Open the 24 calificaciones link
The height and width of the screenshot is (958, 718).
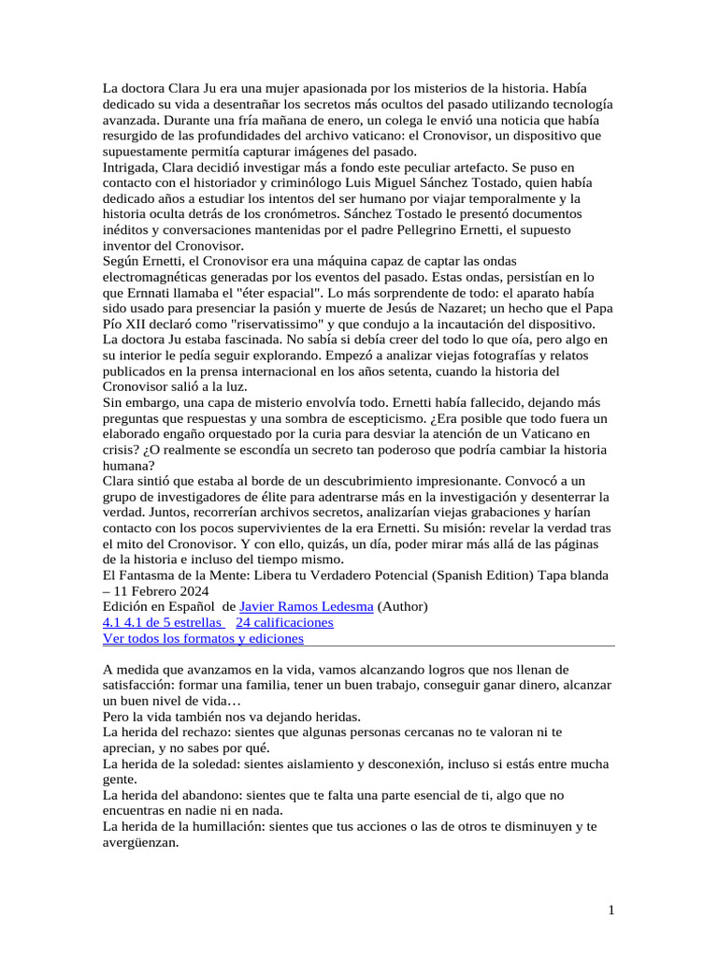pyautogui.click(x=284, y=622)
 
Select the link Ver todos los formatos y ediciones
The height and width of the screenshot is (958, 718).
pyautogui.click(x=203, y=638)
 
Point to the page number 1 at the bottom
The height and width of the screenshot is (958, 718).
pyautogui.click(x=610, y=911)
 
